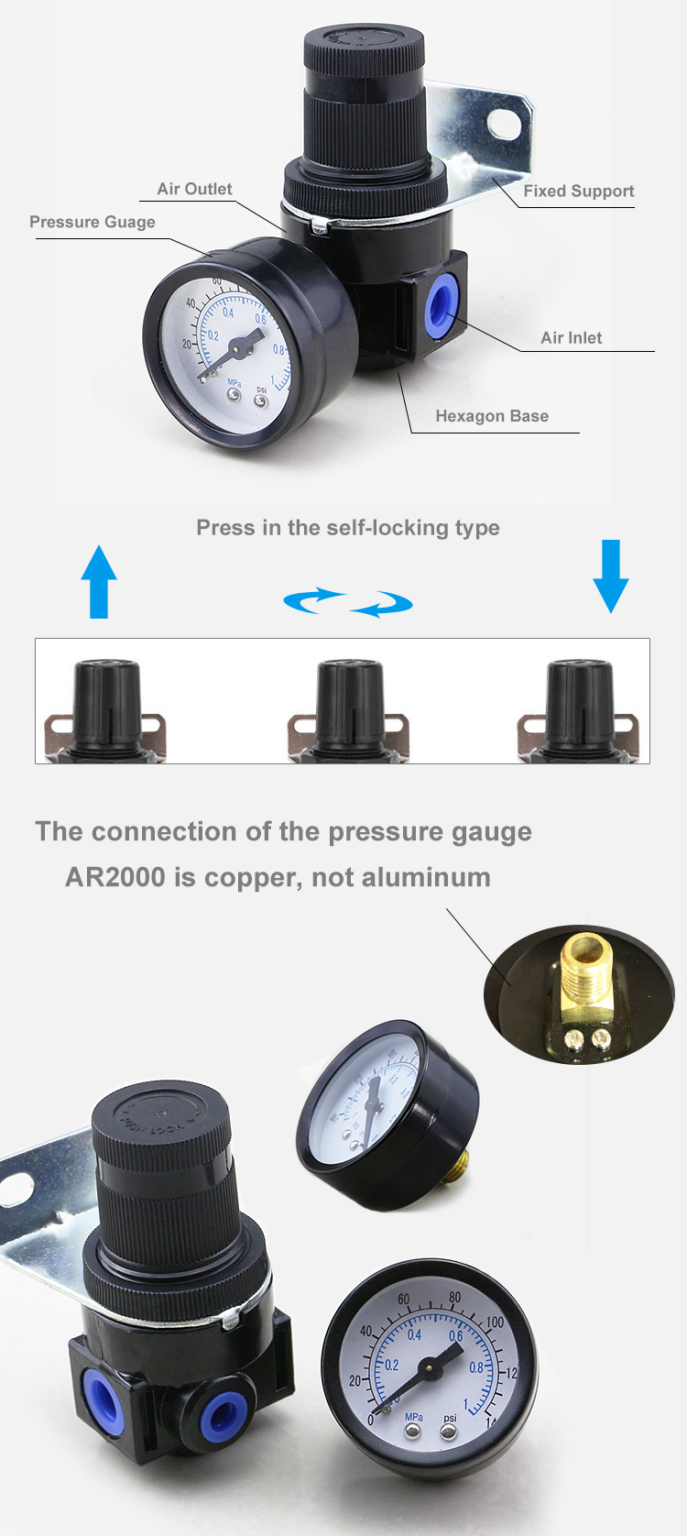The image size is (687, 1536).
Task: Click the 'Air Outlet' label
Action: pyautogui.click(x=194, y=189)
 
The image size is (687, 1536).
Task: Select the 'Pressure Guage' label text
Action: pyautogui.click(x=93, y=222)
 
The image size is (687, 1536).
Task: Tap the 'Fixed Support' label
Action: pyautogui.click(x=578, y=191)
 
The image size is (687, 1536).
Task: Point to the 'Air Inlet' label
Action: pyautogui.click(x=571, y=337)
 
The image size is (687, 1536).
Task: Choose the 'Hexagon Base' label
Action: pyautogui.click(x=492, y=416)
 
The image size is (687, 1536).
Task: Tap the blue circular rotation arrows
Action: pyautogui.click(x=348, y=602)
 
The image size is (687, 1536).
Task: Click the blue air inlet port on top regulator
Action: pyautogui.click(x=442, y=309)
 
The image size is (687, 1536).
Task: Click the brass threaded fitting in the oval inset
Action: pyautogui.click(x=584, y=972)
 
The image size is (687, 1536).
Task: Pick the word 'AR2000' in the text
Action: pyautogui.click(x=115, y=877)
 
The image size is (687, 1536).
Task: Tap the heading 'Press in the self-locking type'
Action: pyautogui.click(x=348, y=528)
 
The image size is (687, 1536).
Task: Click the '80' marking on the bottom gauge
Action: pyautogui.click(x=455, y=1298)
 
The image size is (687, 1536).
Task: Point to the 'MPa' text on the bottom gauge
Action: pyautogui.click(x=413, y=1416)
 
